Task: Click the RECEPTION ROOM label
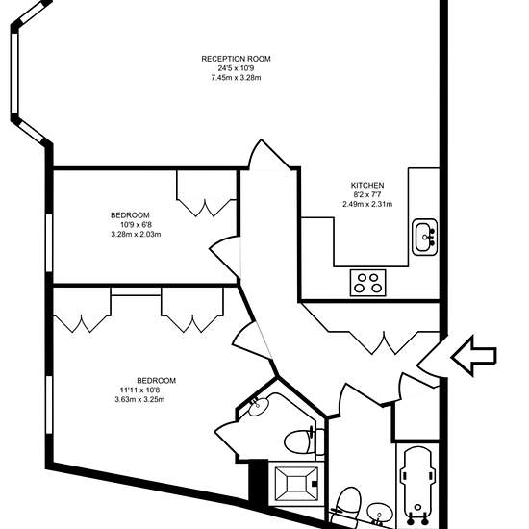pyautogui.click(x=236, y=59)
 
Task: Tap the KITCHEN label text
pyautogui.click(x=367, y=186)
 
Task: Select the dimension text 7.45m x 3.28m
pyautogui.click(x=236, y=78)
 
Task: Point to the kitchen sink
pyautogui.click(x=425, y=238)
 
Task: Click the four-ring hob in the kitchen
pyautogui.click(x=367, y=283)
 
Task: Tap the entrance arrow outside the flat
pyautogui.click(x=473, y=356)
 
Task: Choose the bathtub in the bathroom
pyautogui.click(x=417, y=485)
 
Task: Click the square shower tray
pyautogui.click(x=296, y=484)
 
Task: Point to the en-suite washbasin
pyautogui.click(x=259, y=406)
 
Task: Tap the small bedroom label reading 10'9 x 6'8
pyautogui.click(x=136, y=225)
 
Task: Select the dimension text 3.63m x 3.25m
pyautogui.click(x=139, y=400)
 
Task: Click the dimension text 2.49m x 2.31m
pyautogui.click(x=367, y=204)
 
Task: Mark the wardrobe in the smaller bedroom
pyautogui.click(x=206, y=193)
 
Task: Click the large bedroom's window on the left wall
pyautogui.click(x=49, y=405)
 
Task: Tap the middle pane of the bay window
pyautogui.click(x=14, y=72)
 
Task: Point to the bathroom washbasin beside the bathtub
pyautogui.click(x=380, y=514)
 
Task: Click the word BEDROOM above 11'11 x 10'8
pyautogui.click(x=156, y=381)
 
